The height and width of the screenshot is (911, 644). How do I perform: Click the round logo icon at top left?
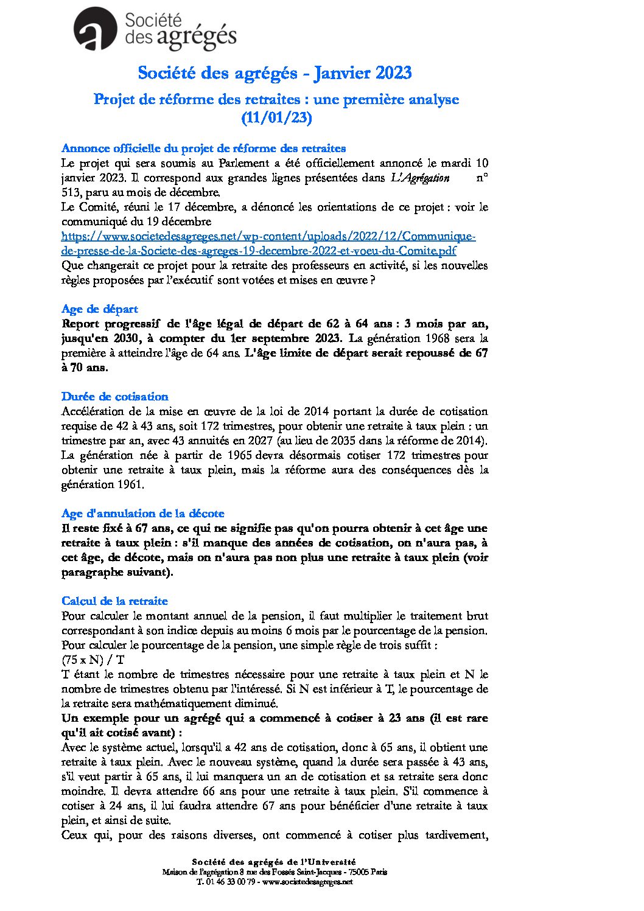pyautogui.click(x=95, y=29)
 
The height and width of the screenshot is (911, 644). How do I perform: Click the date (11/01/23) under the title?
pyautogui.click(x=276, y=117)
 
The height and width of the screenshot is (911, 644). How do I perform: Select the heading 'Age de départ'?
pyautogui.click(x=99, y=309)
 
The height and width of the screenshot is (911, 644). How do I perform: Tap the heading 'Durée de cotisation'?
pyautogui.click(x=114, y=397)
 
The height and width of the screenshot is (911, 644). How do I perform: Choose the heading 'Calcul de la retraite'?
pyautogui.click(x=114, y=601)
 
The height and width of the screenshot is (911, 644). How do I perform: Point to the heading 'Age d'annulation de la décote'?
pyautogui.click(x=142, y=514)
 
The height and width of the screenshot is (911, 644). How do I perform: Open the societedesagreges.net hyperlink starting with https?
pyautogui.click(x=268, y=236)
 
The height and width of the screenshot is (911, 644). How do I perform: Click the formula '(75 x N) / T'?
pyautogui.click(x=93, y=660)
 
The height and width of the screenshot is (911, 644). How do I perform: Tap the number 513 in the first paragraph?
pyautogui.click(x=71, y=192)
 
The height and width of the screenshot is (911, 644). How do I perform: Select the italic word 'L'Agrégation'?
pyautogui.click(x=420, y=178)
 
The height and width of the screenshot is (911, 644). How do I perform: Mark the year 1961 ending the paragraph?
pyautogui.click(x=131, y=484)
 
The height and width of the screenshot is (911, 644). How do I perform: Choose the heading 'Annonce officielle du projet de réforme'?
pyautogui.click(x=203, y=148)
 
